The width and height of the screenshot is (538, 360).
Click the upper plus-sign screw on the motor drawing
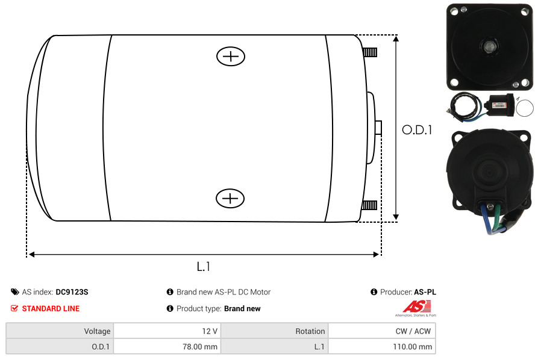(231, 56)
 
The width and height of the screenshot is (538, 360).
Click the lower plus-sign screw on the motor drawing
(230, 198)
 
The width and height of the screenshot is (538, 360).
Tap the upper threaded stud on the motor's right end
(370, 52)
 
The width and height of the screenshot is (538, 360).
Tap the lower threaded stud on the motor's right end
(369, 205)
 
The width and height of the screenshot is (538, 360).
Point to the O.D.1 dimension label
(417, 130)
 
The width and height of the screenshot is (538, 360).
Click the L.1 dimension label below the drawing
(204, 267)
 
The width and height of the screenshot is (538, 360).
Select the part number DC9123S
(72, 292)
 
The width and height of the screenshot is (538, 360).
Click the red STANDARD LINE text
(51, 309)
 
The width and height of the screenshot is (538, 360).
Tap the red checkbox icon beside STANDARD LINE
(14, 308)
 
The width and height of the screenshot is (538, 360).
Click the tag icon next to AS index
(14, 292)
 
